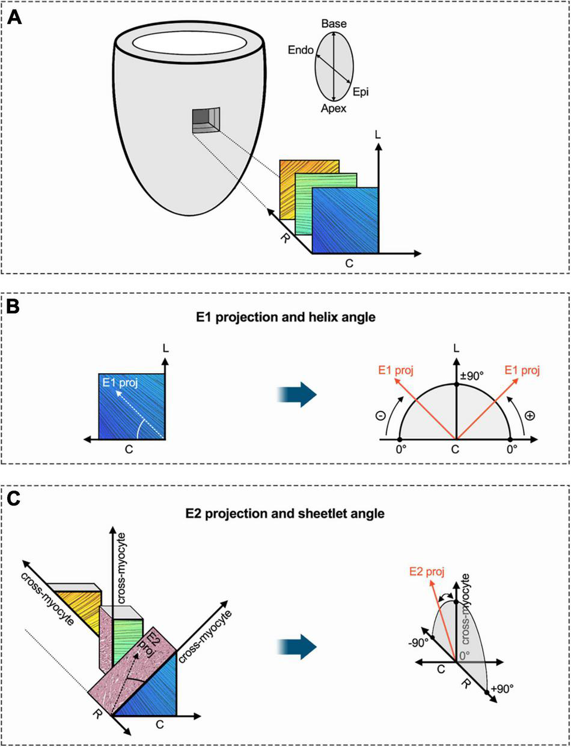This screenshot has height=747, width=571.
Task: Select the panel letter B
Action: (x=14, y=306)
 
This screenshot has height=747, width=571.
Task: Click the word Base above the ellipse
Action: (x=334, y=23)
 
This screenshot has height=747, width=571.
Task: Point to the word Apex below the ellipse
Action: (x=333, y=109)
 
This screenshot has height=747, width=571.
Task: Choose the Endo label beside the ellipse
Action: (x=301, y=51)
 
